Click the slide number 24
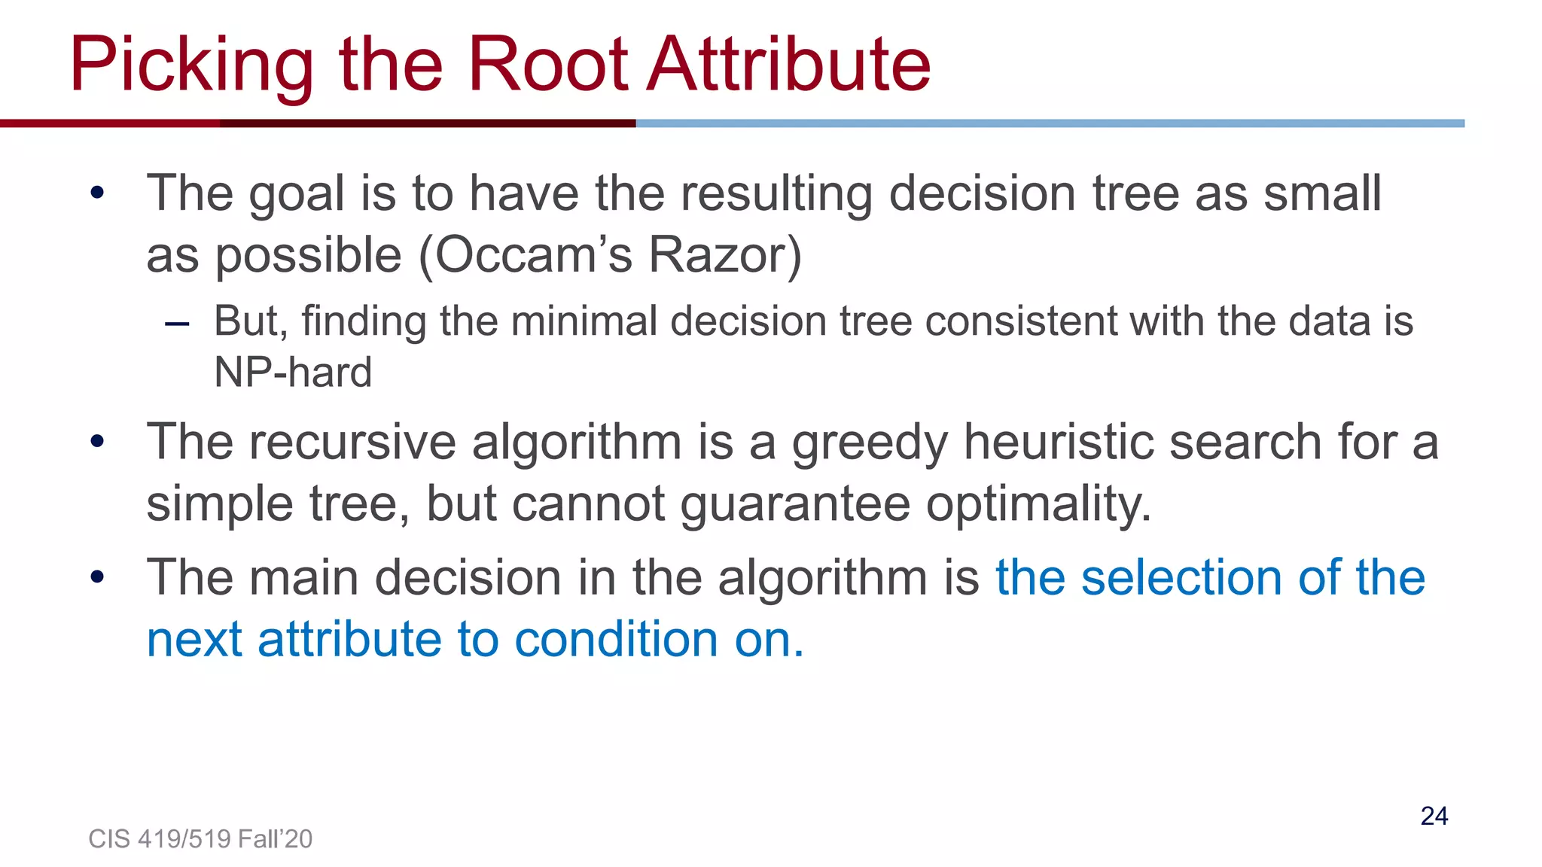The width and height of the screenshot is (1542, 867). point(1434,816)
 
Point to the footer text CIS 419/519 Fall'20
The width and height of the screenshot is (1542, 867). point(200,838)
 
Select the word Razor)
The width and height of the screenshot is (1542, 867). point(725,255)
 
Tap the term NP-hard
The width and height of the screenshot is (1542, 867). point(293,372)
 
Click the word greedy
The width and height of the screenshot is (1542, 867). point(870,443)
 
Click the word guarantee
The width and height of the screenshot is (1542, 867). point(795,503)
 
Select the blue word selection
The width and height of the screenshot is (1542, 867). point(1182,577)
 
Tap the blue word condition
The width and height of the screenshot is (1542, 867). point(617,640)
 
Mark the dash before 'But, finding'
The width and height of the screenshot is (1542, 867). point(177,324)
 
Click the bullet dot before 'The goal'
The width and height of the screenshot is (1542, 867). point(97,193)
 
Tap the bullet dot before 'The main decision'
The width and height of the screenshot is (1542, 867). point(97,577)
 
